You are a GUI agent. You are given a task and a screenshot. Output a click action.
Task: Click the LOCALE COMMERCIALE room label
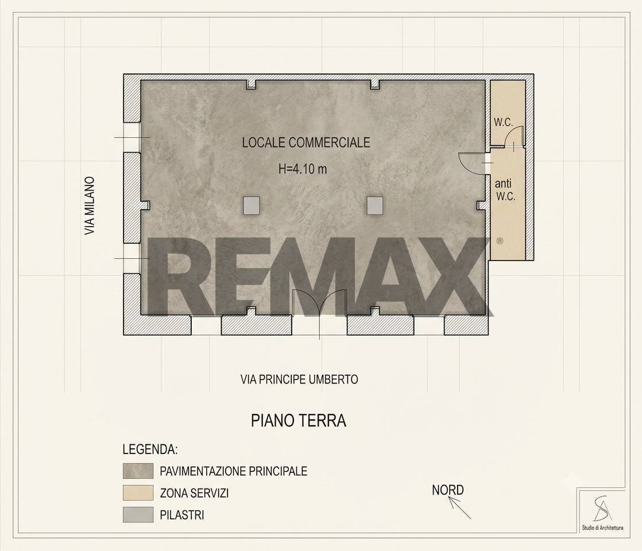306,142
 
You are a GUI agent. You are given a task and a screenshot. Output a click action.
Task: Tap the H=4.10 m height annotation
303,169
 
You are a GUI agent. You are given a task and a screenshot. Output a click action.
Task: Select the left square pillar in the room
251,205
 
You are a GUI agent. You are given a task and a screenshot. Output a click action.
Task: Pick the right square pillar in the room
374,205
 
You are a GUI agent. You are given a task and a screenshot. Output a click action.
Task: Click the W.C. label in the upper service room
503,122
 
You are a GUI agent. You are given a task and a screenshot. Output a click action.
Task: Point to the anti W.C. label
505,190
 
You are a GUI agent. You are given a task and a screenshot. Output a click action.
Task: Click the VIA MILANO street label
90,205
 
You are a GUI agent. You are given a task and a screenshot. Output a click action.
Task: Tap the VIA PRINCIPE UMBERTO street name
299,379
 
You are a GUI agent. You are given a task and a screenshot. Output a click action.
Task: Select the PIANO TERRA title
299,421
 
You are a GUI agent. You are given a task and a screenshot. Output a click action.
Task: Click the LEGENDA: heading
150,449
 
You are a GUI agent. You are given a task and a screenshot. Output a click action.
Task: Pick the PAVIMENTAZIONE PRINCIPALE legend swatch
138,471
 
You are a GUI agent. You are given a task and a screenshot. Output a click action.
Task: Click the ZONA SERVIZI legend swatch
138,493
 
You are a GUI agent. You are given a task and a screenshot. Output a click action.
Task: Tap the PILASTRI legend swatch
138,515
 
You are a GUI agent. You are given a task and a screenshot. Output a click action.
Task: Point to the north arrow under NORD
459,508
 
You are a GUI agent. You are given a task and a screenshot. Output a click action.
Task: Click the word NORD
448,490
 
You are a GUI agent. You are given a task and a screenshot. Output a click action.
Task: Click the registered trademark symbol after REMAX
500,240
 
